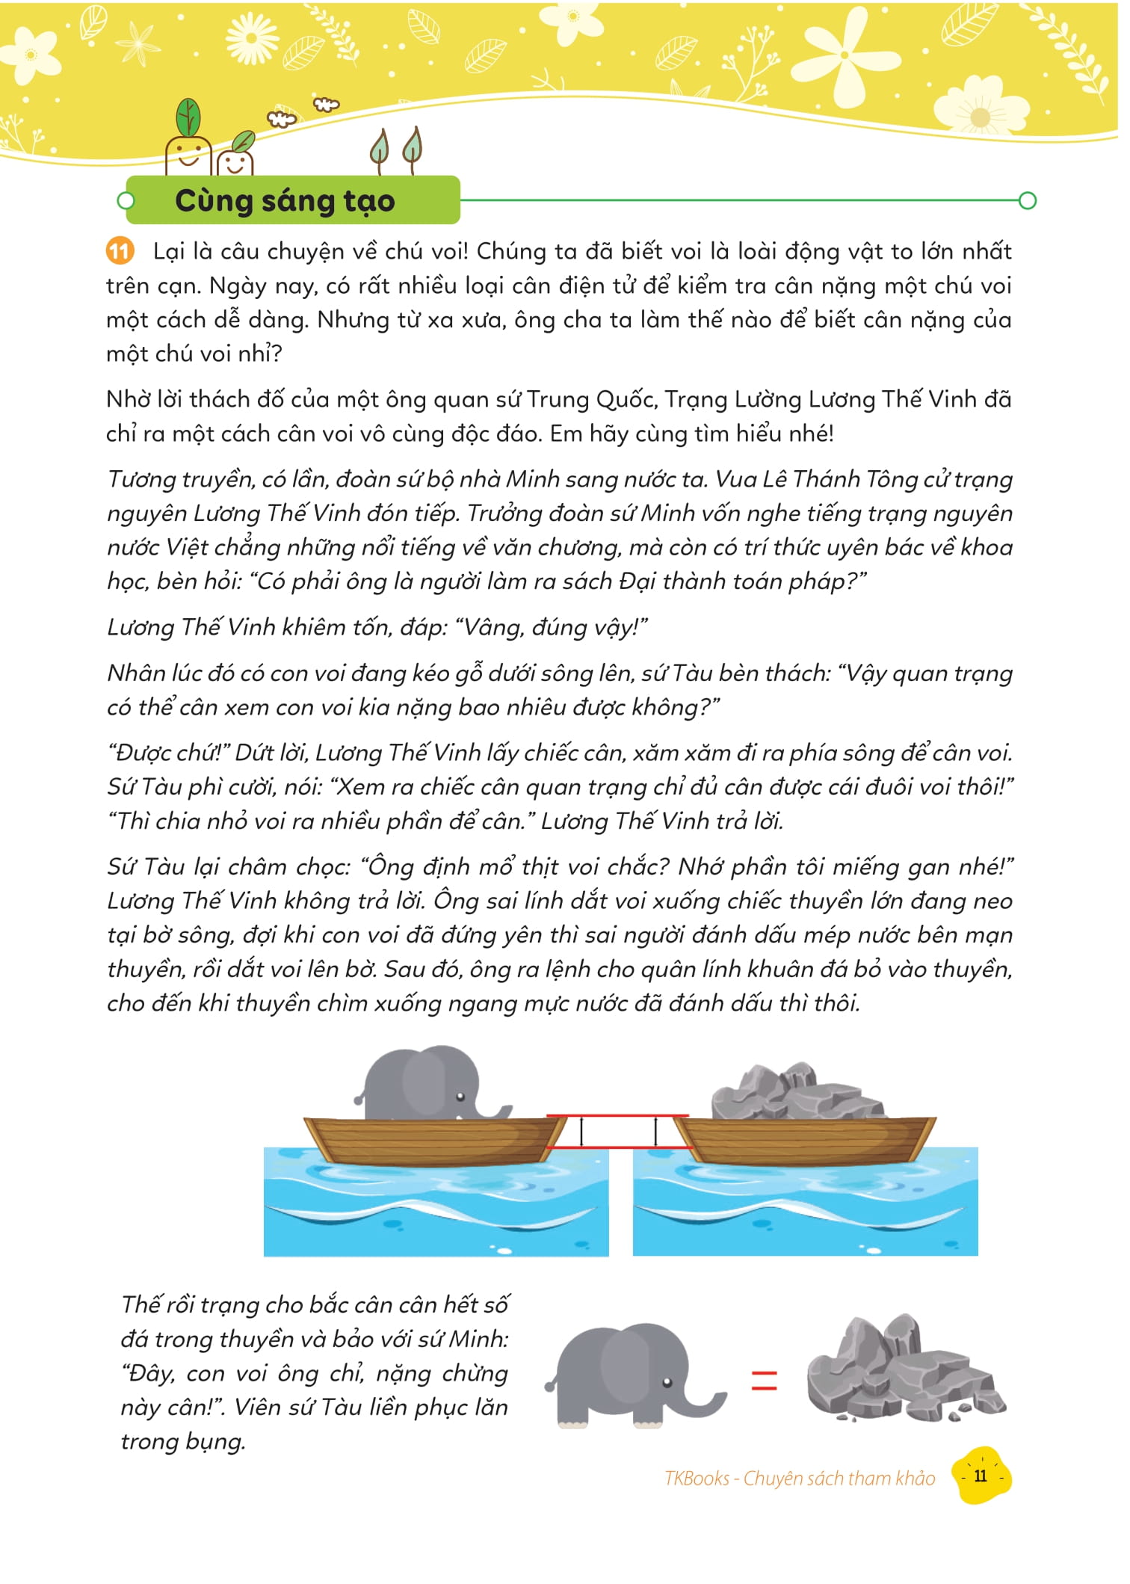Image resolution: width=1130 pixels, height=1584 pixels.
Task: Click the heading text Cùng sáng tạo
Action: coord(284,201)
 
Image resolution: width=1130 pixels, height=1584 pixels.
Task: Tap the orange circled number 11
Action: coord(120,251)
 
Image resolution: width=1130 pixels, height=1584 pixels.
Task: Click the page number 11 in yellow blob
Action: coord(981,1476)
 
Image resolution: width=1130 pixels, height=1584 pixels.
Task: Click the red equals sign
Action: coord(764,1381)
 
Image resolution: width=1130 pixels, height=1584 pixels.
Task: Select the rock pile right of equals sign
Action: coord(904,1372)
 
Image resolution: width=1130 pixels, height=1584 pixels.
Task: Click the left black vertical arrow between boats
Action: coord(581,1132)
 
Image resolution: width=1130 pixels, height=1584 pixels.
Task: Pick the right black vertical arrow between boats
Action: coord(656,1132)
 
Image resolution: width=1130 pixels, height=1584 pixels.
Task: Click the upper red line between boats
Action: coord(617,1116)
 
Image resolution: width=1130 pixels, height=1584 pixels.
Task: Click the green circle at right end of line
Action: coord(1028,200)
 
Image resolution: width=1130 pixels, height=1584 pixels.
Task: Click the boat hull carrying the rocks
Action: coord(807,1140)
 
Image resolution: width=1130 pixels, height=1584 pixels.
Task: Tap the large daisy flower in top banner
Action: coord(252,37)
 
